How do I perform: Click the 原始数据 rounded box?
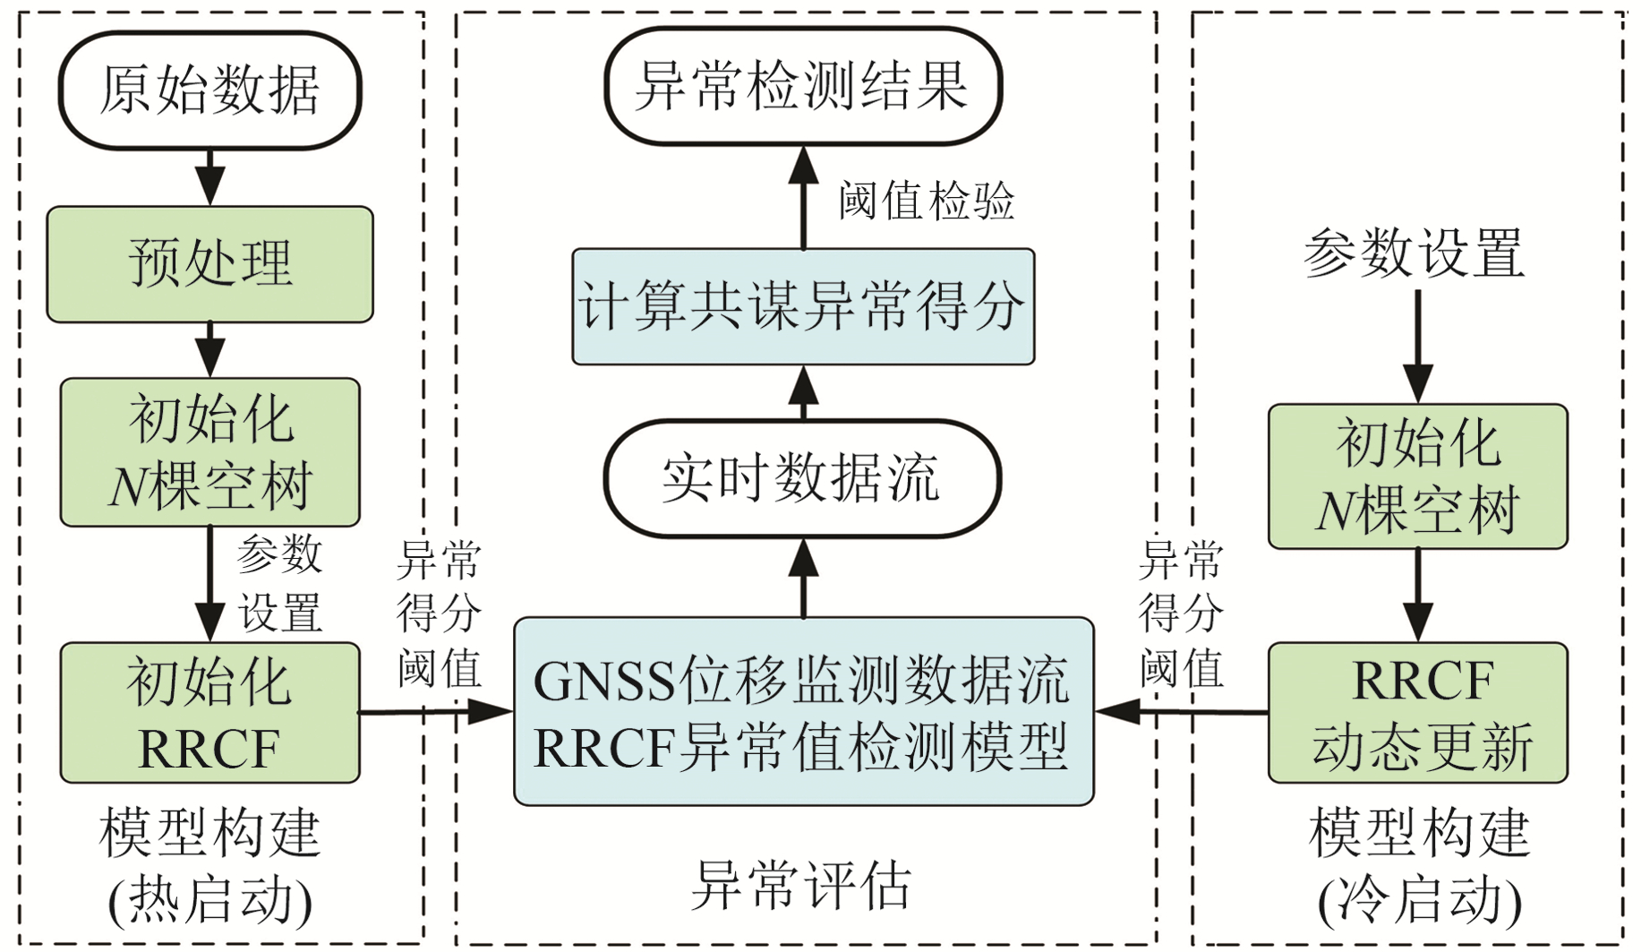point(209,90)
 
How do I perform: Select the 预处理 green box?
point(209,264)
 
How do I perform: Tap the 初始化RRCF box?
point(209,713)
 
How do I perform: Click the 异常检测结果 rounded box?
point(802,86)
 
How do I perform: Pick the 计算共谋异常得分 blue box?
point(803,306)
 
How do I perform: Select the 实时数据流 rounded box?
point(802,478)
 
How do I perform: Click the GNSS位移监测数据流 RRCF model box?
point(803,712)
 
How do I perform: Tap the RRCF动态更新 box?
point(1417,713)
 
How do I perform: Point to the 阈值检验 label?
point(927,200)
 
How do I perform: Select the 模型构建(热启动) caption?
point(209,865)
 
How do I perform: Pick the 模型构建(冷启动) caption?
point(1419,865)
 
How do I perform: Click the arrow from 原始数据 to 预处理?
point(209,177)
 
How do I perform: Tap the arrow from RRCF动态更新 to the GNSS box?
point(1182,713)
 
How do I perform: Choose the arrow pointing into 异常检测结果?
point(803,197)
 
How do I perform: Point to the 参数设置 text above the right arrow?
point(1415,253)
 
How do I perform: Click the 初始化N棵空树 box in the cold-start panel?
point(1417,476)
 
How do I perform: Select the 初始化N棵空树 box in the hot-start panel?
point(209,452)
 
